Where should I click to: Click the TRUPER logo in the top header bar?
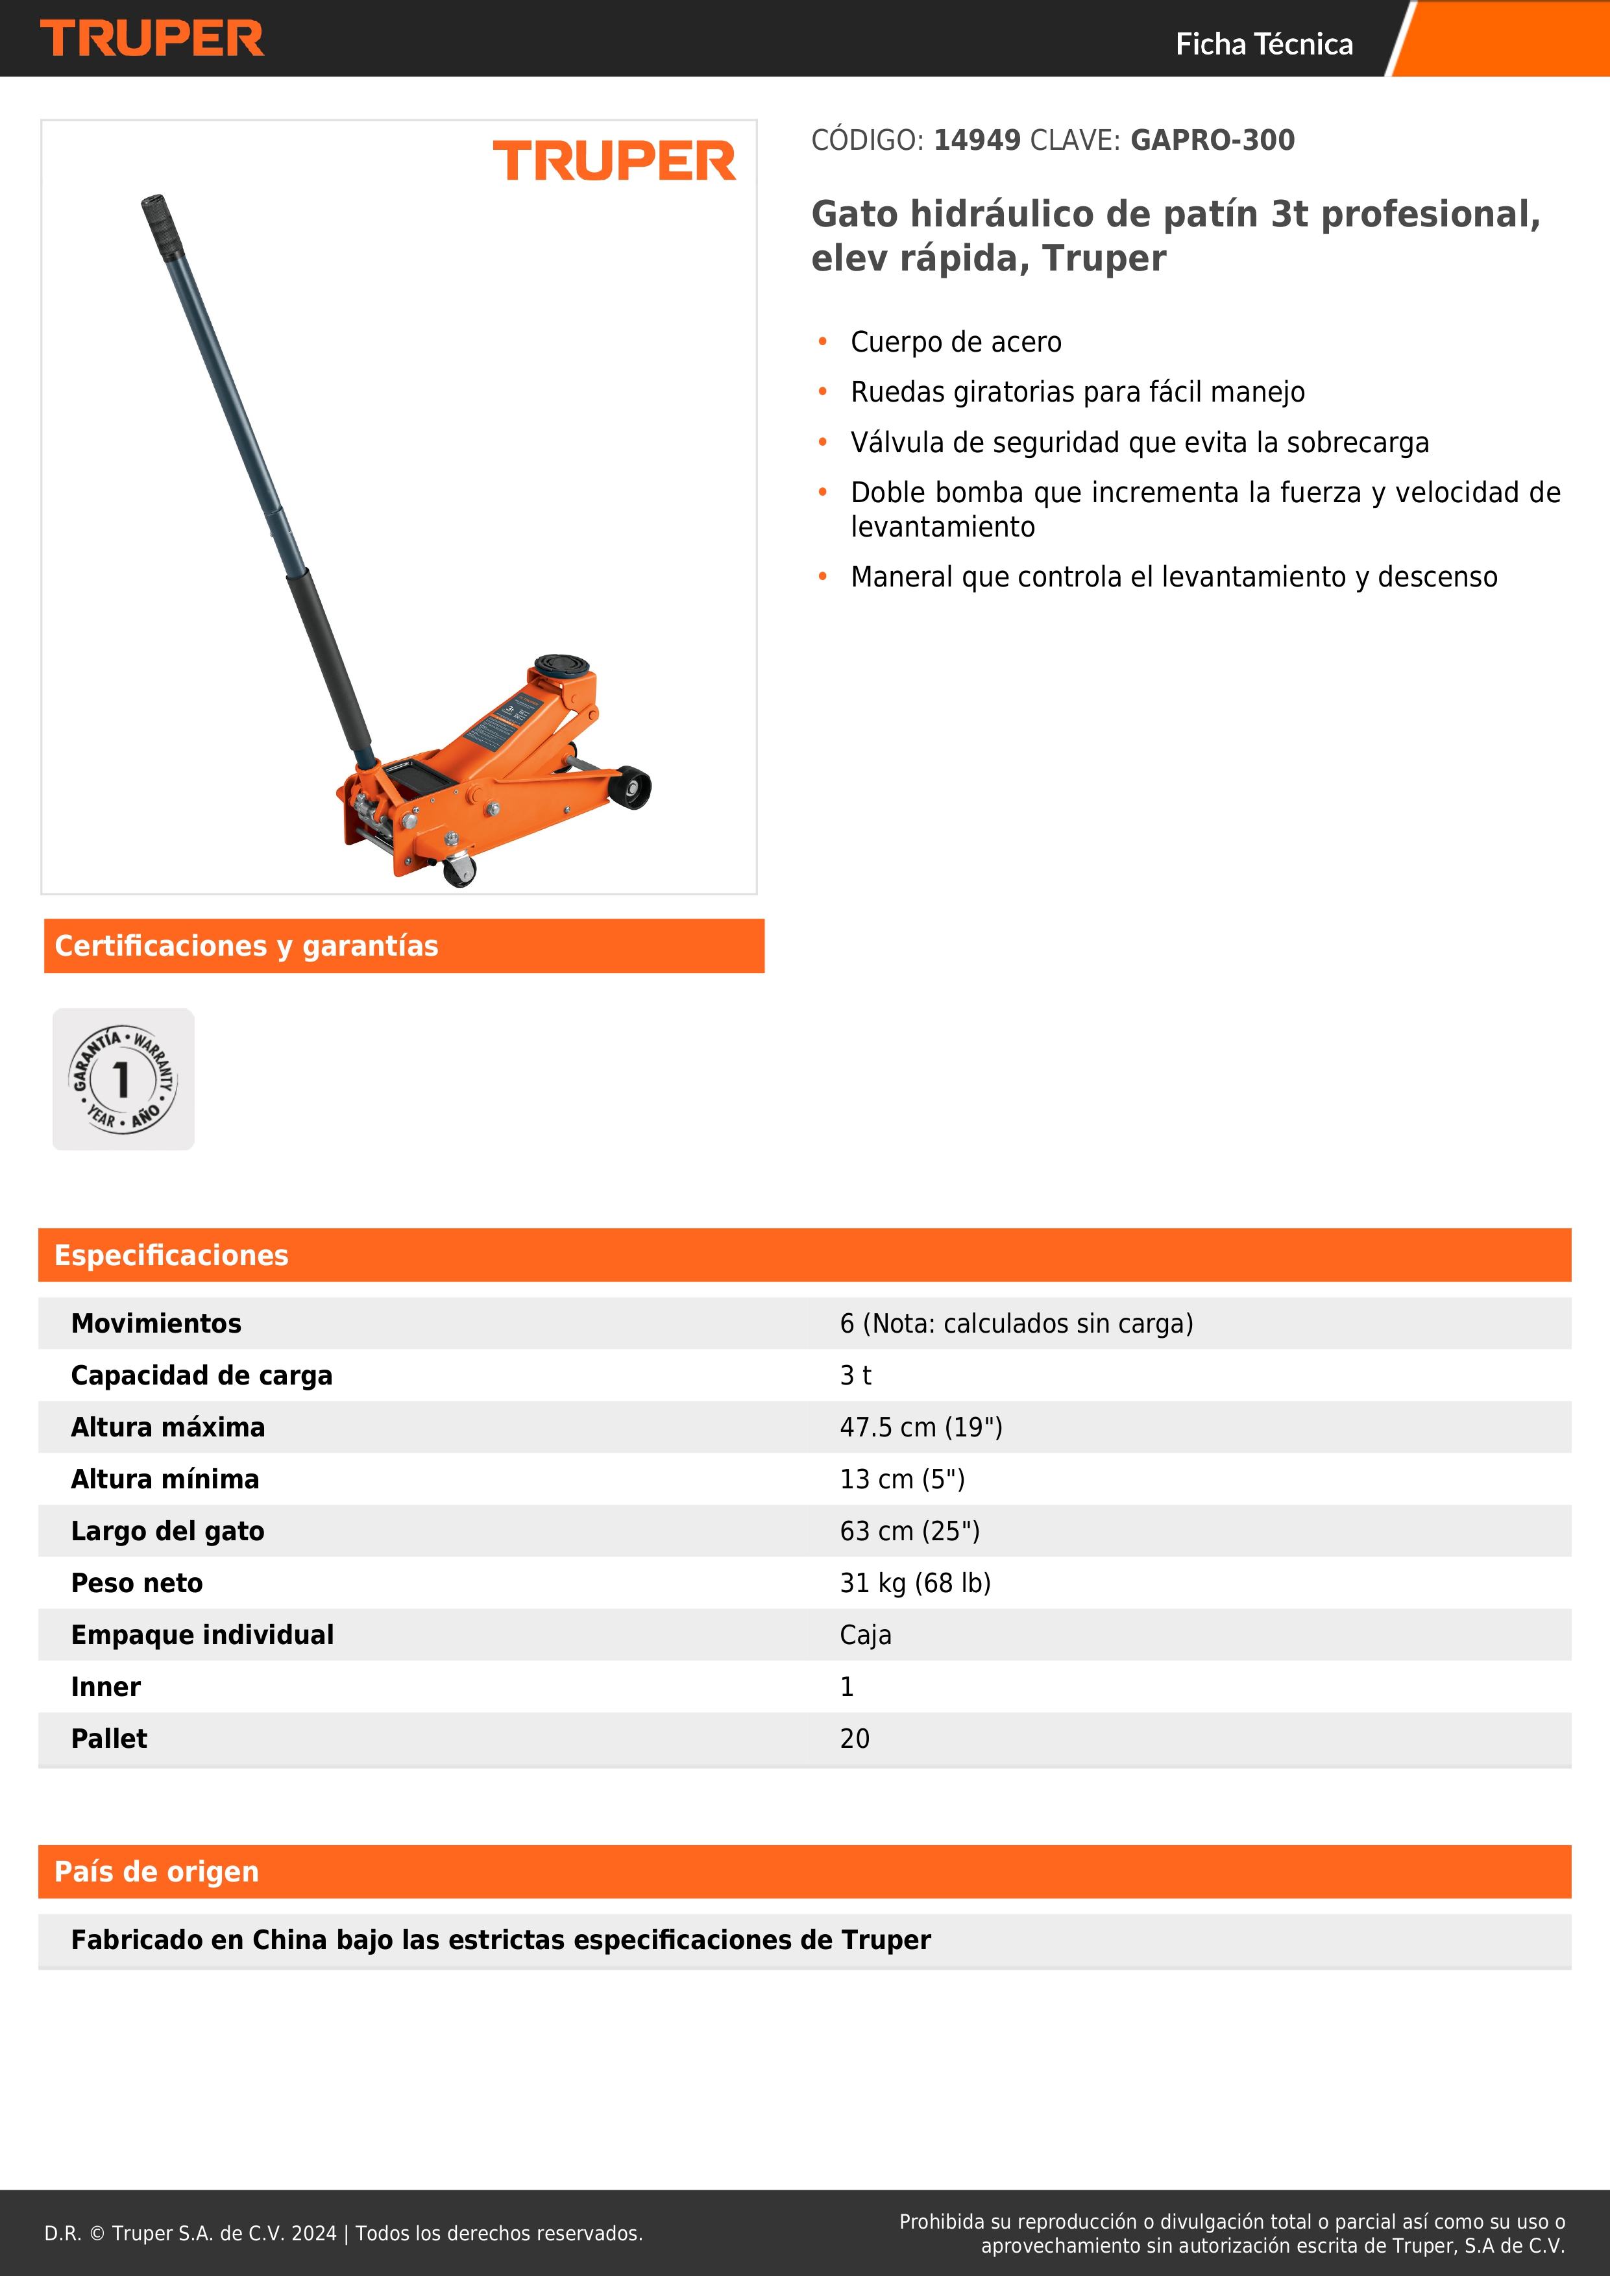pos(152,39)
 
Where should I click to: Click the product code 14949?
pos(977,139)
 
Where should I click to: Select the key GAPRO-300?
pos(1212,139)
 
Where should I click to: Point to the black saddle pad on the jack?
pos(562,664)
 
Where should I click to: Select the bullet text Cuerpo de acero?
pos(956,342)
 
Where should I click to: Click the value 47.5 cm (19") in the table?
pos(921,1427)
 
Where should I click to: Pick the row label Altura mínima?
pos(165,1479)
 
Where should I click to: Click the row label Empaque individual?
pos(202,1634)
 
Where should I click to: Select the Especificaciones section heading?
pos(171,1255)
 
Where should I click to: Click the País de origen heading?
pos(156,1872)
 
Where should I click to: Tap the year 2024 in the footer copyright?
pos(313,2233)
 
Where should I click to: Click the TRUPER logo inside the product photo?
pos(614,162)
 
